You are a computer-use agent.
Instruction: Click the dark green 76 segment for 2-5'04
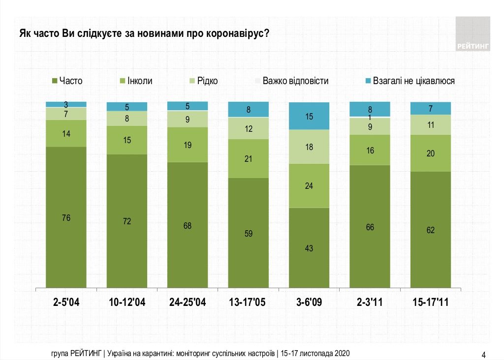[x=66, y=217]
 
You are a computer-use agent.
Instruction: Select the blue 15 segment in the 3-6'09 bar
[x=309, y=116]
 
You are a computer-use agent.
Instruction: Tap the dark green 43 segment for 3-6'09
[x=309, y=247]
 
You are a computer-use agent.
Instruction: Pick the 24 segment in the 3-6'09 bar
[x=309, y=186]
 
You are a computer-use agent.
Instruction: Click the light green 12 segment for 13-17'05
[x=249, y=128]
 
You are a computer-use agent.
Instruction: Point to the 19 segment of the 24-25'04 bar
[x=188, y=145]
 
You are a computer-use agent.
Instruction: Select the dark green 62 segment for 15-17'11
[x=431, y=229]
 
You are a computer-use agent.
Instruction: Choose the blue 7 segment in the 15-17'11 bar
[x=431, y=108]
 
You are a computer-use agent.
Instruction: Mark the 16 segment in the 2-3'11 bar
[x=370, y=150]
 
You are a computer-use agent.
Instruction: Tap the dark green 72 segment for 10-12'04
[x=127, y=221]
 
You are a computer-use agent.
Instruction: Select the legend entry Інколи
[x=136, y=81]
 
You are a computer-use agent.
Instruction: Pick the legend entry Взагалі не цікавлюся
[x=408, y=81]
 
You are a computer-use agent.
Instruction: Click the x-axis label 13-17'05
[x=249, y=302]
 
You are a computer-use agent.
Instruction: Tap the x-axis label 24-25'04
[x=188, y=302]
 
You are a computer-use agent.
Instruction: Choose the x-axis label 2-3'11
[x=370, y=302]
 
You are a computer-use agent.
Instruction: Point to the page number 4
[x=483, y=355]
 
